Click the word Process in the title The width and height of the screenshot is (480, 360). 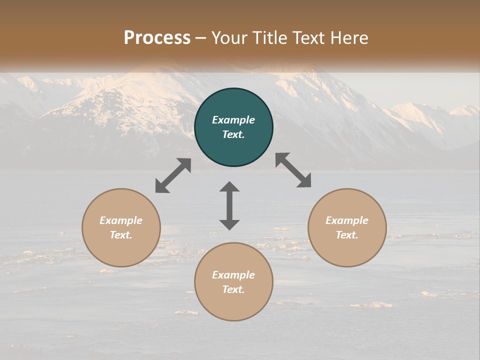click(x=157, y=38)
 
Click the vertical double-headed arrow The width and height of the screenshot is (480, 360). click(x=229, y=205)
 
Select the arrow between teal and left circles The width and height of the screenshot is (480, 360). click(x=173, y=175)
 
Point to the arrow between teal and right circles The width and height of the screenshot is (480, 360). click(x=293, y=170)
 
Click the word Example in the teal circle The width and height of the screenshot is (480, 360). click(x=233, y=120)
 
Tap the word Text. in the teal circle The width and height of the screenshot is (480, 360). click(x=233, y=134)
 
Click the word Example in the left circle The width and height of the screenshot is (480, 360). click(x=121, y=220)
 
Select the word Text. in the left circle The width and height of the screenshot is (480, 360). click(x=121, y=235)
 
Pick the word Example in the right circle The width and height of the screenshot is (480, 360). click(x=347, y=220)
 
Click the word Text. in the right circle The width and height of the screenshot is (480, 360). click(x=347, y=235)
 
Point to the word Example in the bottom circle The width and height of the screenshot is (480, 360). click(x=233, y=275)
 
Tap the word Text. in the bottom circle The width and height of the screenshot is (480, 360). click(x=233, y=289)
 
